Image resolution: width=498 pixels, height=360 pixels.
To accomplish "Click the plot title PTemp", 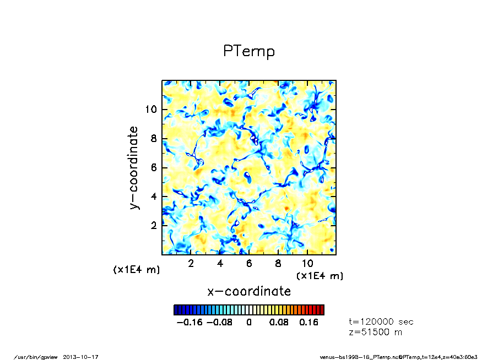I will point(248,51).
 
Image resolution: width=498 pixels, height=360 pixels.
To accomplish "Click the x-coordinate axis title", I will point(248,291).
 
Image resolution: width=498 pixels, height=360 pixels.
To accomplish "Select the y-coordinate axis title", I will point(134,167).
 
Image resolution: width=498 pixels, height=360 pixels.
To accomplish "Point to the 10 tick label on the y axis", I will point(151,109).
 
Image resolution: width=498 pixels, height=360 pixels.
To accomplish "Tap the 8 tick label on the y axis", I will point(154,138).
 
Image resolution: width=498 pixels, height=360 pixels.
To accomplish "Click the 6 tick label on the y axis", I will point(154,167).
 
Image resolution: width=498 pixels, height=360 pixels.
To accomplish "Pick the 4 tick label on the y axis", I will point(154,197).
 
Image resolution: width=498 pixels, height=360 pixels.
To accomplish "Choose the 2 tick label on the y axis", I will point(154,226).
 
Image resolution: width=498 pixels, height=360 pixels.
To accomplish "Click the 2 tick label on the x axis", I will point(191,263).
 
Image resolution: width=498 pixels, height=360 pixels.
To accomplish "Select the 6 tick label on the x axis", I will point(249,263).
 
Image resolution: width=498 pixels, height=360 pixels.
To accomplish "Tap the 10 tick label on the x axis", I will point(307,263).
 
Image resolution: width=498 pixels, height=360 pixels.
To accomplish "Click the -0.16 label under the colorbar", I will point(189,323).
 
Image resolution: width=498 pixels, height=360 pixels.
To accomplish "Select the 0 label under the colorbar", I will point(249,323).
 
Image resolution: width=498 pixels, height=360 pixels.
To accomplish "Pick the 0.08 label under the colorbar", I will point(279,323).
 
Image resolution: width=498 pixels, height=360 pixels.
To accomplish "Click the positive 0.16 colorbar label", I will point(308,323).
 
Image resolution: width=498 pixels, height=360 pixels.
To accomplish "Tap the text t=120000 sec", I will point(381,322).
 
